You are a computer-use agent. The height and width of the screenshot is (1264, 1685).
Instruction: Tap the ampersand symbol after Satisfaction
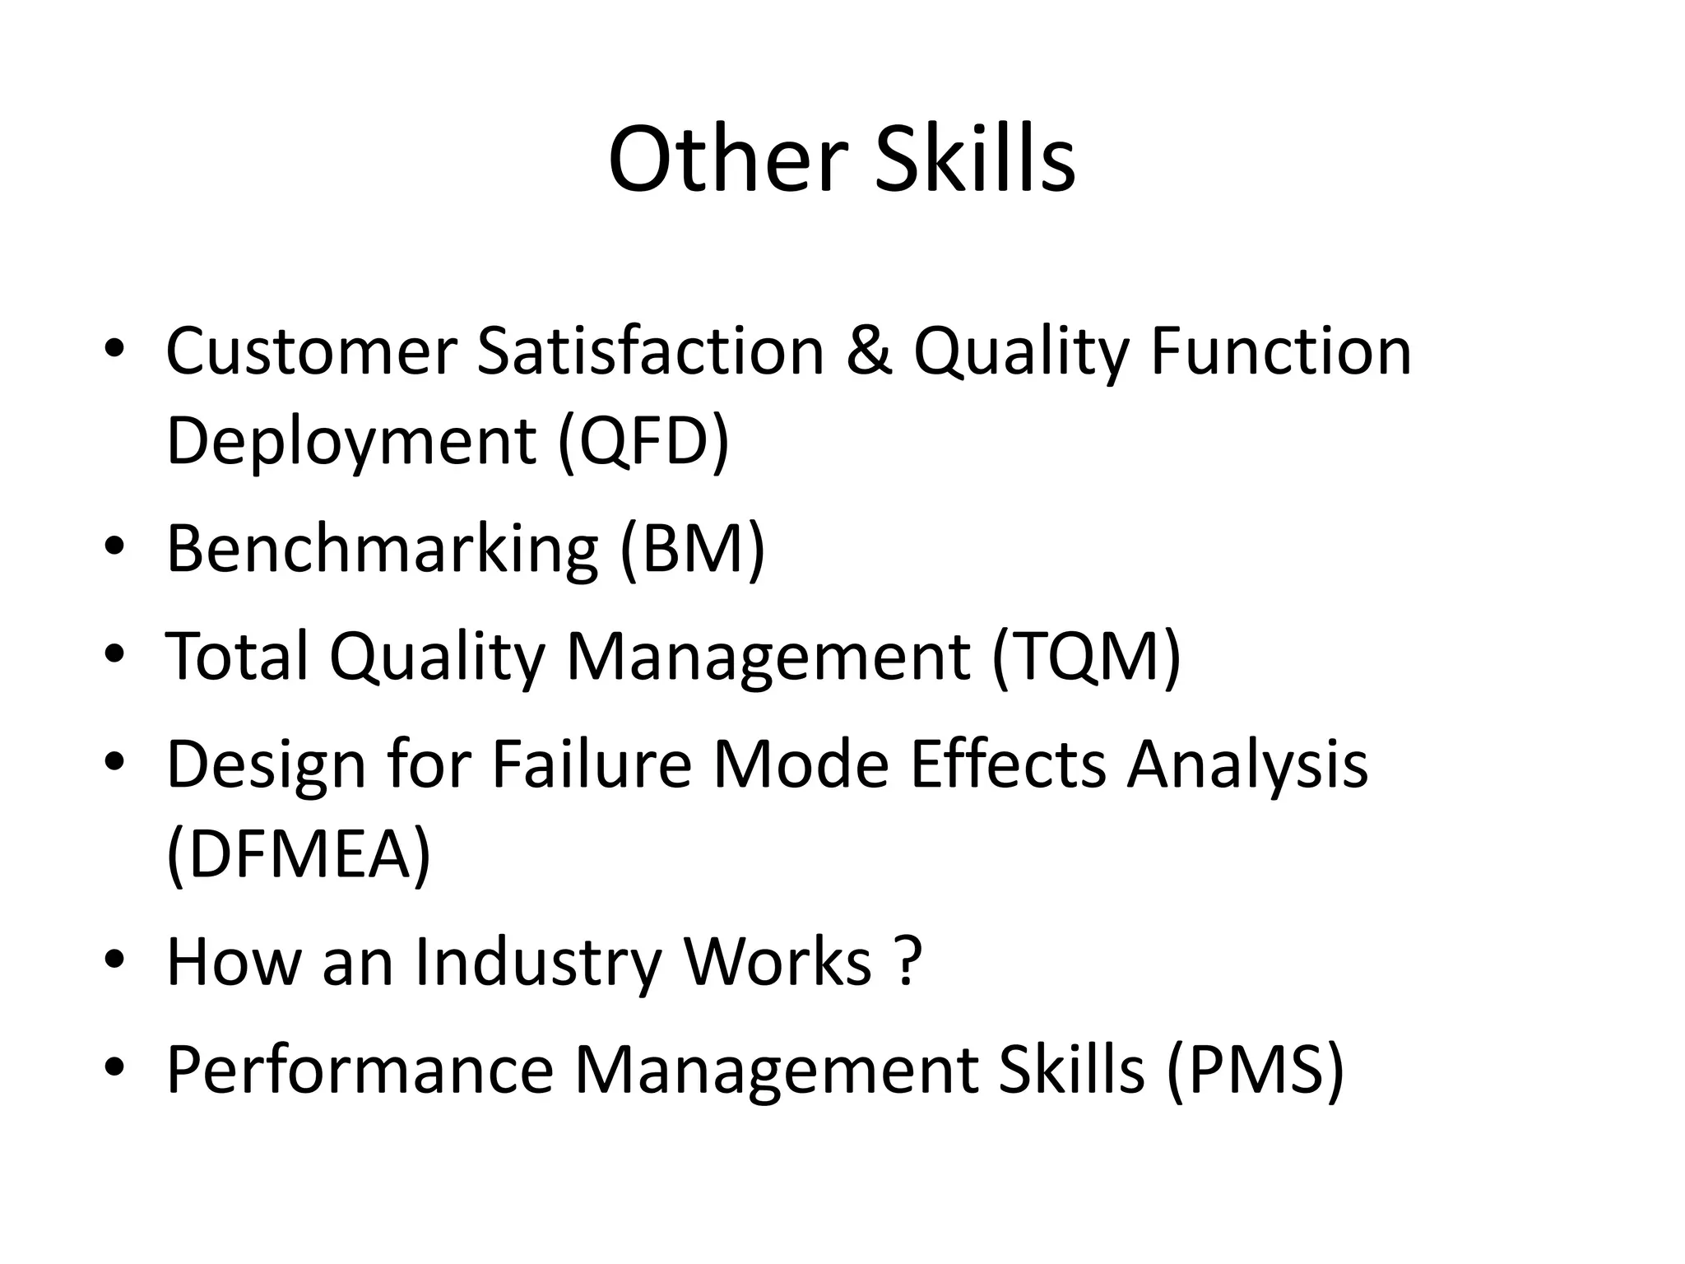pos(868,351)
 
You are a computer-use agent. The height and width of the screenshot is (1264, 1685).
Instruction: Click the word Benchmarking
pos(382,549)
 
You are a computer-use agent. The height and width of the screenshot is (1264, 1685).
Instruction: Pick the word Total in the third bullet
pos(238,656)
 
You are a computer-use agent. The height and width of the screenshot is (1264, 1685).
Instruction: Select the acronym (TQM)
pos(1086,656)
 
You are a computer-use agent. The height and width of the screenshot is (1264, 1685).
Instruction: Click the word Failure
pos(592,764)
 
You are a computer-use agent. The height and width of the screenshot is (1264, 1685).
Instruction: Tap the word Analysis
pos(1247,764)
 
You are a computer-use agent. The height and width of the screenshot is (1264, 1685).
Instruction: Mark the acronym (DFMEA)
pos(299,854)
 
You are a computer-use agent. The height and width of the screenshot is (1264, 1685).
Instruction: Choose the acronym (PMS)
pos(1255,1070)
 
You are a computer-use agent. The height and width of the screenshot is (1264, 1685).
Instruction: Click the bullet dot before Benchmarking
pos(114,547)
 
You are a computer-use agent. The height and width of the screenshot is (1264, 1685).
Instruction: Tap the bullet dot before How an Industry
pos(114,960)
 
